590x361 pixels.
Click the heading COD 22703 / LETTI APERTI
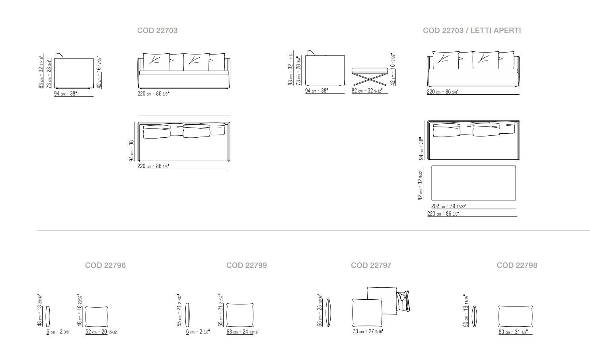coord(472,31)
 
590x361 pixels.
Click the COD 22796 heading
coord(105,265)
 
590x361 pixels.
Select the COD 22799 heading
coord(247,265)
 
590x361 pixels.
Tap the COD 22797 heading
coord(371,265)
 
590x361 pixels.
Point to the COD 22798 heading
coord(517,265)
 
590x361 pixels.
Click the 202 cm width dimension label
coord(448,207)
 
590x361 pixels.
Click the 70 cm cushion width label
coord(367,331)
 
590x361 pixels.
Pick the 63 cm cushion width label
coord(242,332)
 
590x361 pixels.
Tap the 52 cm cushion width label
coord(102,332)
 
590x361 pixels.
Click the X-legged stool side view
coord(370,76)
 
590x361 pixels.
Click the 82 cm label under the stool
coord(366,91)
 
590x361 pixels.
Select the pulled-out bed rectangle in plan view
coord(473,183)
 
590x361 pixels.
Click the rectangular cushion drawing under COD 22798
coord(515,316)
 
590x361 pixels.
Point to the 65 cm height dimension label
coord(320,312)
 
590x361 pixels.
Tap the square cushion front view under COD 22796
coord(97,316)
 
